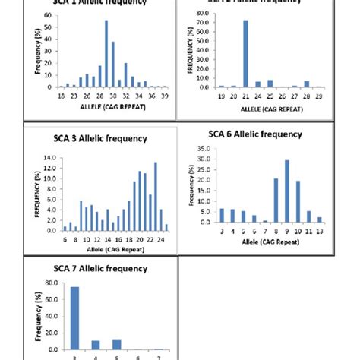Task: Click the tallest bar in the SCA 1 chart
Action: pos(106,65)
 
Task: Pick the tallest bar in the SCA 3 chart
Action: pos(155,196)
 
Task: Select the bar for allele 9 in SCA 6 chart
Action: pos(286,191)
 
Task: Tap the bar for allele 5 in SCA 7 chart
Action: pos(116,344)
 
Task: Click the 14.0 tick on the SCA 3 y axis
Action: pos(49,159)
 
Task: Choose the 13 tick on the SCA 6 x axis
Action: pos(319,230)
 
